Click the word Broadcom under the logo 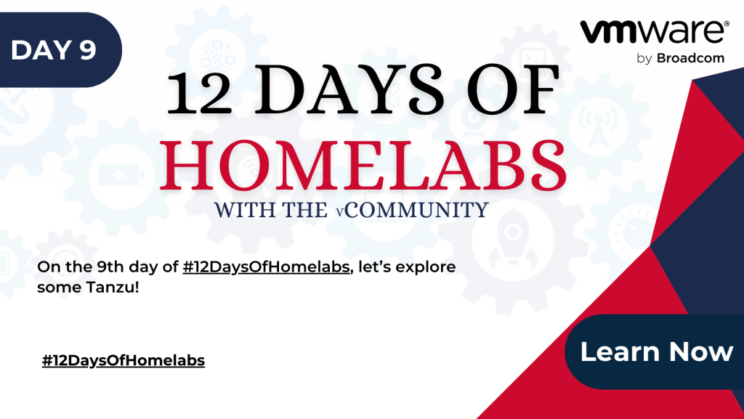690,58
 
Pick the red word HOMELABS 363,166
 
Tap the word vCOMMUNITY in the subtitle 413,209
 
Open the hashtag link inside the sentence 266,267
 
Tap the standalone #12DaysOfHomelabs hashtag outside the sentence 124,361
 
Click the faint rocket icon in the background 513,242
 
